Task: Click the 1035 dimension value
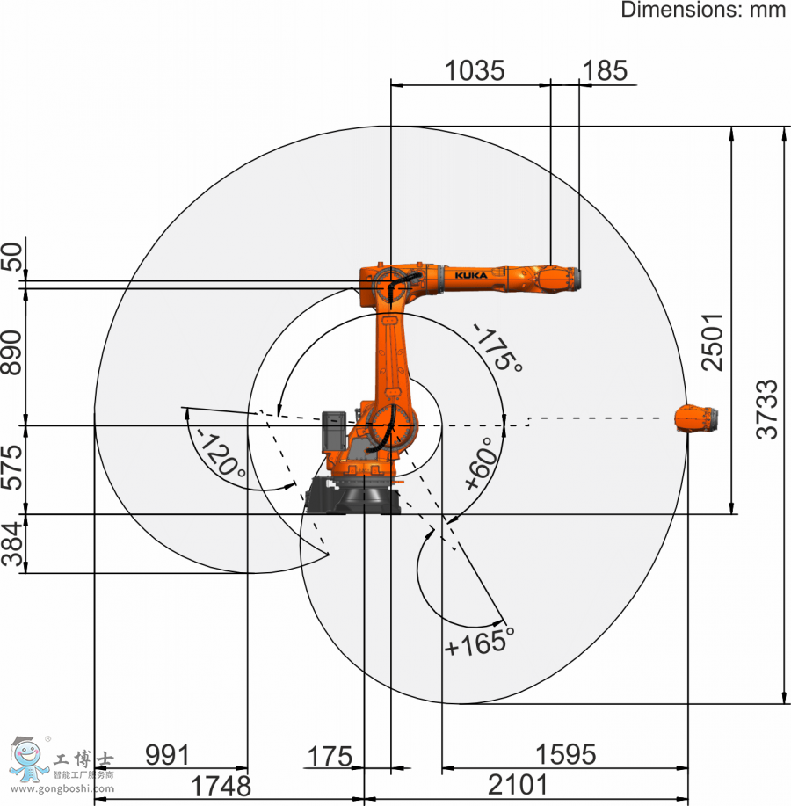[475, 70]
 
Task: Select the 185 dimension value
[605, 70]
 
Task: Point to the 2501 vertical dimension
[713, 342]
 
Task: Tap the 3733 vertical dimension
[767, 410]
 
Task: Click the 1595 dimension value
[566, 755]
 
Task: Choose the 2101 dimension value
[518, 785]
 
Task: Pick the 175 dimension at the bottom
[330, 757]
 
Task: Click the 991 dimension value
[168, 755]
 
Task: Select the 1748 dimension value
[221, 786]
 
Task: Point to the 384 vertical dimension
[12, 544]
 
